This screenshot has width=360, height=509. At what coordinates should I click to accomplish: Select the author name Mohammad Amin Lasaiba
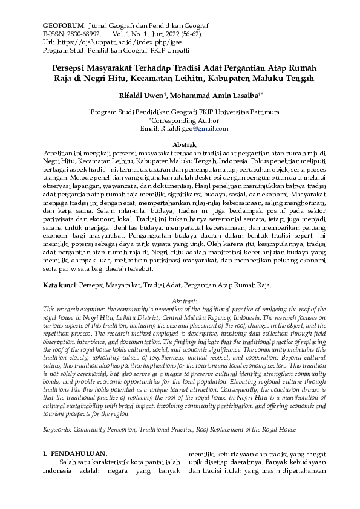214,96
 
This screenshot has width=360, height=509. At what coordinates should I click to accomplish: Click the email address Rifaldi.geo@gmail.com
193,129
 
